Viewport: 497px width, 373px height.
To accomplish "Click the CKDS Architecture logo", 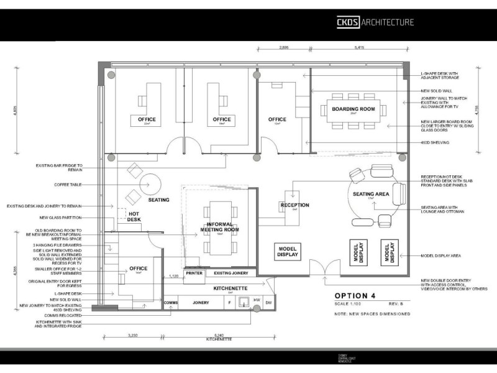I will pos(375,22).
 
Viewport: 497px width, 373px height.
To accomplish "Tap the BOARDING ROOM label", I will pos(353,109).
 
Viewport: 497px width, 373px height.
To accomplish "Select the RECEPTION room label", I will pos(294,205).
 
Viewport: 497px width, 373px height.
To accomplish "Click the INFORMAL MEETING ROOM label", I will pos(223,227).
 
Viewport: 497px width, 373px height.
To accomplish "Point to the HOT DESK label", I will pos(134,216).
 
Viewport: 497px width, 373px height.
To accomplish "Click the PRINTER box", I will pos(194,273).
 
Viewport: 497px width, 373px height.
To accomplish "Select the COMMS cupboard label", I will pos(171,303).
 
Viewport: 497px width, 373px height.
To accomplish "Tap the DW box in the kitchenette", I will pos(268,303).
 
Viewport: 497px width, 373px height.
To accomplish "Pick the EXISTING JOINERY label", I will pos(231,273).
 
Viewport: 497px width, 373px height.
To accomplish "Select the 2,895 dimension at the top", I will pos(284,47).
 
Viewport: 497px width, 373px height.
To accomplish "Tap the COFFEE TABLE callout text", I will pos(68,185).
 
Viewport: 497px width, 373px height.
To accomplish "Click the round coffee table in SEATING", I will pos(150,185).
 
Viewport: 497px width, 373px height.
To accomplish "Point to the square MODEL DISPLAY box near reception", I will pos(288,251).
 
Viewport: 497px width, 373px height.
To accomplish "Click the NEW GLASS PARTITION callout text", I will pos(60,218).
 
